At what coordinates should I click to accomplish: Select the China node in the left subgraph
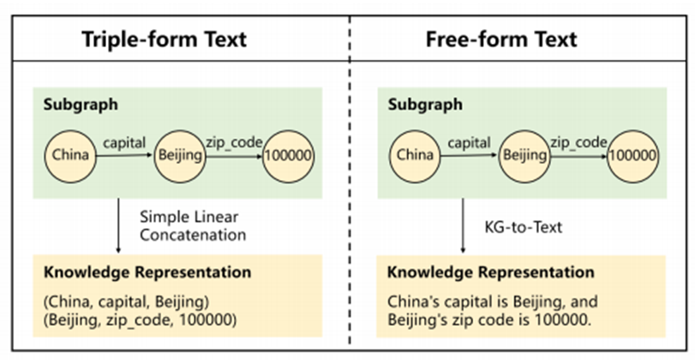pos(71,155)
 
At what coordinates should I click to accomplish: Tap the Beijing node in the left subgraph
pos(179,155)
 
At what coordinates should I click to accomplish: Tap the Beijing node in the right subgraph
pos(524,155)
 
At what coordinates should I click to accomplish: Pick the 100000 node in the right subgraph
pos(633,155)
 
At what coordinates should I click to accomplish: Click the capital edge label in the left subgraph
pos(123,141)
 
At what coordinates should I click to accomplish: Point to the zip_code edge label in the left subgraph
pos(231,141)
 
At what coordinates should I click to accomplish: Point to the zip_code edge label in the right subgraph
pos(578,141)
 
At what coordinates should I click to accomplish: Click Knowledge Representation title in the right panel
pos(490,273)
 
